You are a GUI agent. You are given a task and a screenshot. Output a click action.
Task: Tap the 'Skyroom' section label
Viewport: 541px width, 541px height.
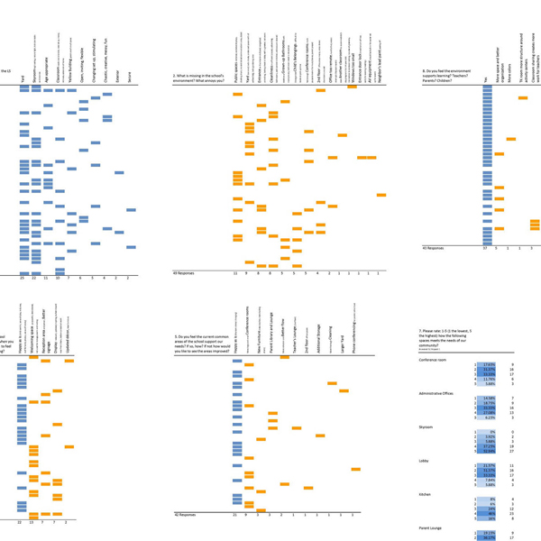coord(428,425)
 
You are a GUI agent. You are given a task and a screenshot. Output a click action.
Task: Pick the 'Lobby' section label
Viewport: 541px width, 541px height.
coord(426,460)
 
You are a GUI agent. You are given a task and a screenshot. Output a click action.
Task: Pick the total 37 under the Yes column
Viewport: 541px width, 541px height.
coord(486,247)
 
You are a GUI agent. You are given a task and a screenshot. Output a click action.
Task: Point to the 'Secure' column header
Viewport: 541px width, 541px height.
coord(129,78)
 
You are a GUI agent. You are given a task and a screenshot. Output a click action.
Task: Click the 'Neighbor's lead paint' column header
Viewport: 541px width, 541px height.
coord(381,59)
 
